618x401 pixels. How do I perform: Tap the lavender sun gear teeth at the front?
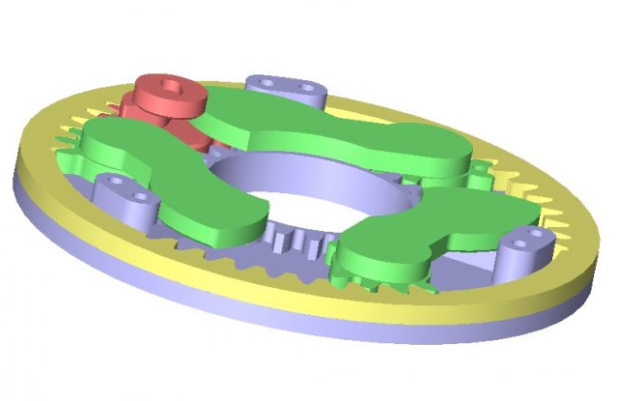click(290, 237)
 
